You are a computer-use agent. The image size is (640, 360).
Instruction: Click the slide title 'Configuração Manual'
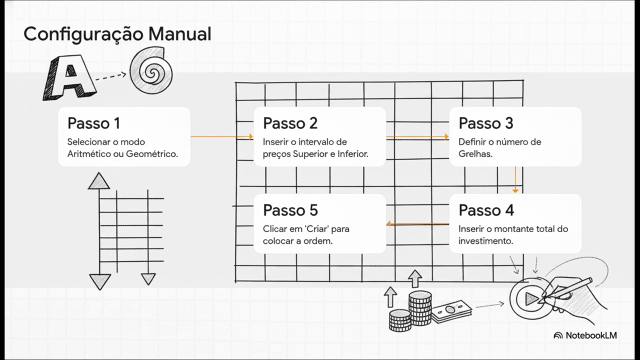click(x=117, y=34)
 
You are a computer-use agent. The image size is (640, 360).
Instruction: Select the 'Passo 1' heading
click(x=93, y=123)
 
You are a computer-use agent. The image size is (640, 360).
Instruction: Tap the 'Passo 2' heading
click(x=290, y=123)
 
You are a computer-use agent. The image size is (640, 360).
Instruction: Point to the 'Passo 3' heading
click(x=486, y=123)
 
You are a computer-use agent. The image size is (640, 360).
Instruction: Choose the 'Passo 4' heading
click(x=486, y=210)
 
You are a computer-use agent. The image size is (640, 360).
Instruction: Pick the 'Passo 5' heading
click(x=290, y=210)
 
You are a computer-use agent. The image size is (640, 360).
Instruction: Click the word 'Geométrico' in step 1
click(x=151, y=154)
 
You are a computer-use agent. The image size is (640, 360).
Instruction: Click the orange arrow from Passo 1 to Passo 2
click(x=221, y=136)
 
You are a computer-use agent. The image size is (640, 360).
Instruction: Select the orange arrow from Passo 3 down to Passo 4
click(x=515, y=179)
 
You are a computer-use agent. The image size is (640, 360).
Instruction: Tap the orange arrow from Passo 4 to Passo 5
click(x=417, y=223)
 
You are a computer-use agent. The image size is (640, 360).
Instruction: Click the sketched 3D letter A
click(x=69, y=77)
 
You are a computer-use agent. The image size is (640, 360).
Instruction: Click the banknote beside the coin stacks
click(x=451, y=311)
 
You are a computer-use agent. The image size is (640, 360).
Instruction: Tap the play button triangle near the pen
click(x=531, y=299)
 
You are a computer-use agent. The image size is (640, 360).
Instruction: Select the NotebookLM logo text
click(x=591, y=335)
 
